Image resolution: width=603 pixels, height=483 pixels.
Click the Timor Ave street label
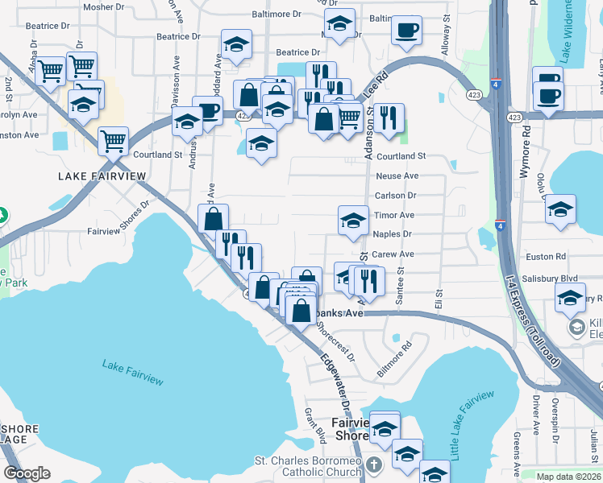tap(394, 215)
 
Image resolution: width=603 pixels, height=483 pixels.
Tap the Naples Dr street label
tap(393, 234)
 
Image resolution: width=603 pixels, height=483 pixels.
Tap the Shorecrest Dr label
tap(335, 341)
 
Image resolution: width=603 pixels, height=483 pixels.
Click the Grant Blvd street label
tap(314, 424)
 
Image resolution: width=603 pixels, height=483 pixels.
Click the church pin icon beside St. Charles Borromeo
tap(373, 465)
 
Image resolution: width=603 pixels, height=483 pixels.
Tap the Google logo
tap(27, 473)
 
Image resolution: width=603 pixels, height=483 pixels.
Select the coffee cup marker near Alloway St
tap(405, 31)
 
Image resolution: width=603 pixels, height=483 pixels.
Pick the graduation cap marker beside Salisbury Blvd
tap(570, 298)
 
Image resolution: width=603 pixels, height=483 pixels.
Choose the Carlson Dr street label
tap(395, 196)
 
